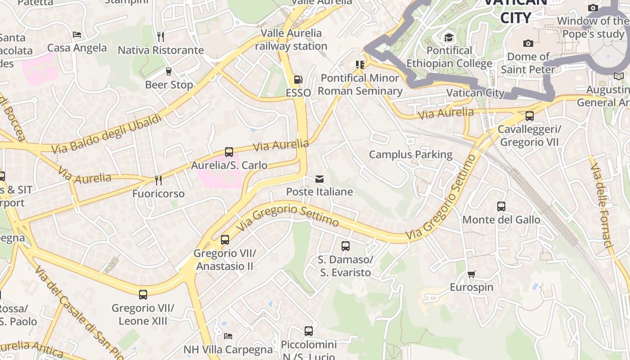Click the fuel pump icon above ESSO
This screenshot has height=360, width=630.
pyautogui.click(x=298, y=80)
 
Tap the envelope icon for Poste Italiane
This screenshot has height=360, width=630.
pyautogui.click(x=319, y=179)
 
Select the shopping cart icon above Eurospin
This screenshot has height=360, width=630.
pyautogui.click(x=471, y=274)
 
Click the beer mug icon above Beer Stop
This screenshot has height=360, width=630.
pyautogui.click(x=169, y=72)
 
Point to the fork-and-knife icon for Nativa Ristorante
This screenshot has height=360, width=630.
pyautogui.click(x=161, y=36)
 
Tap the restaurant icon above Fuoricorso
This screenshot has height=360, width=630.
pyautogui.click(x=158, y=180)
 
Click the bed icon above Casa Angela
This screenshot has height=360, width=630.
pyautogui.click(x=77, y=35)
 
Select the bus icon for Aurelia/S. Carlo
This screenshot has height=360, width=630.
pyautogui.click(x=229, y=152)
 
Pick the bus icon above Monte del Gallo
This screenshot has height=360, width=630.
pyautogui.click(x=501, y=207)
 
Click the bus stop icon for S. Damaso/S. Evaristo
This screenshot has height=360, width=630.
pyautogui.click(x=346, y=246)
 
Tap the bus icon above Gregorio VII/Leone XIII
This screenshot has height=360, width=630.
pyautogui.click(x=143, y=295)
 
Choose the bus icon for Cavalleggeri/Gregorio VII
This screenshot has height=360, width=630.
pyautogui.click(x=530, y=116)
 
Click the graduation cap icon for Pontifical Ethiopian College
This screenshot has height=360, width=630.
pyautogui.click(x=449, y=37)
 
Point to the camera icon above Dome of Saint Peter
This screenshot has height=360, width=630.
pyautogui.click(x=528, y=43)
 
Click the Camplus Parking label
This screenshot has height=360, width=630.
pyautogui.click(x=410, y=154)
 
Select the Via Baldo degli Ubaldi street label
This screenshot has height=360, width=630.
pyautogui.click(x=106, y=134)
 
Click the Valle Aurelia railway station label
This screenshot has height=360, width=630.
pyautogui.click(x=292, y=40)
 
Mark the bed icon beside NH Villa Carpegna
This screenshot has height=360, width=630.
pyautogui.click(x=228, y=336)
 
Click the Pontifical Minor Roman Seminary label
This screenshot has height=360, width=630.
pyautogui.click(x=360, y=84)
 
